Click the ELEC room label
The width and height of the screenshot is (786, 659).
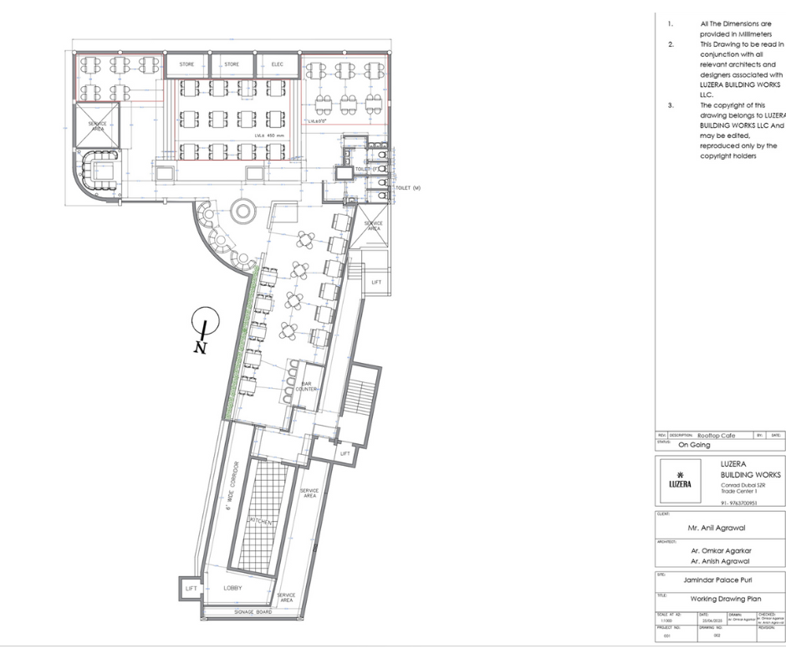(x=276, y=64)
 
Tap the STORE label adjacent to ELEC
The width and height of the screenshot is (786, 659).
(x=232, y=64)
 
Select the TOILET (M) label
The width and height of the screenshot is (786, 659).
(x=407, y=187)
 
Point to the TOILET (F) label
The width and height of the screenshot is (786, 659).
(x=365, y=169)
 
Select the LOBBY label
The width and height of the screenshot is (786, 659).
(x=232, y=588)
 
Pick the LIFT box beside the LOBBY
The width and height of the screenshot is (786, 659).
(x=191, y=589)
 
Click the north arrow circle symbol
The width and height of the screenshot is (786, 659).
(x=204, y=319)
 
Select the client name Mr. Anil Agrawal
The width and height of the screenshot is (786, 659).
(x=716, y=528)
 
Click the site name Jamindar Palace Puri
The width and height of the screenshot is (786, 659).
(x=717, y=579)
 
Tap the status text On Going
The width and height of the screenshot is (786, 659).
(x=693, y=445)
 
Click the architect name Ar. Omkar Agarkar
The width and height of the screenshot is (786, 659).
(x=721, y=551)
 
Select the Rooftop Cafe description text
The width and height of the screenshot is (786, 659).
(x=714, y=436)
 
